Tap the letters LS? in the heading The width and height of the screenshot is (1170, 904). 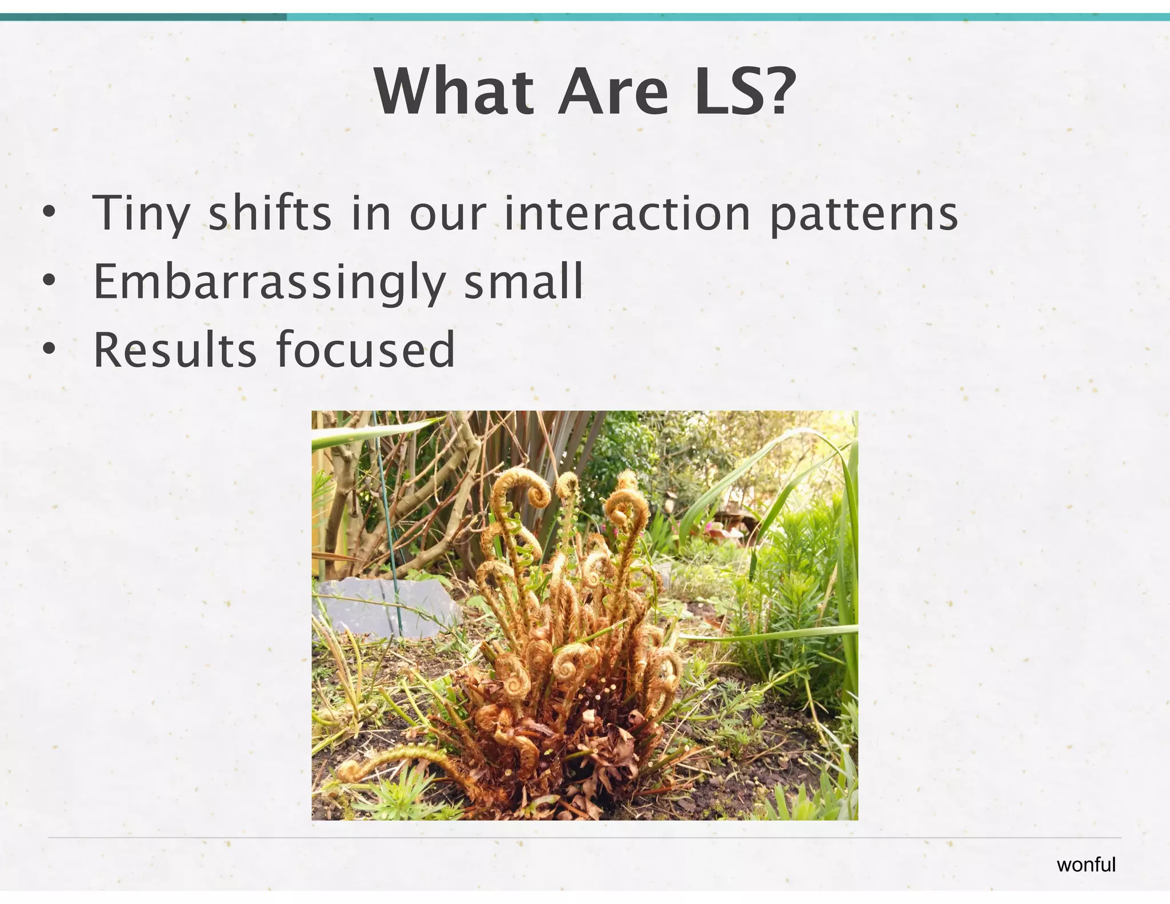[742, 93]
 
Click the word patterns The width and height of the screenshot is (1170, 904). [863, 214]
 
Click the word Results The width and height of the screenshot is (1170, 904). [175, 349]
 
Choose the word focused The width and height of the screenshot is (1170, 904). [366, 349]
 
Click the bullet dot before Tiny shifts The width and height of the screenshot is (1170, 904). [50, 213]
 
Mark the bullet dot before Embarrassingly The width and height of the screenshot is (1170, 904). [50, 281]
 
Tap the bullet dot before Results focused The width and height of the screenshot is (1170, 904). [50, 349]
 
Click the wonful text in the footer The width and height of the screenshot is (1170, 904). [1085, 865]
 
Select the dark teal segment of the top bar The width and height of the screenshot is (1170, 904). [143, 17]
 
